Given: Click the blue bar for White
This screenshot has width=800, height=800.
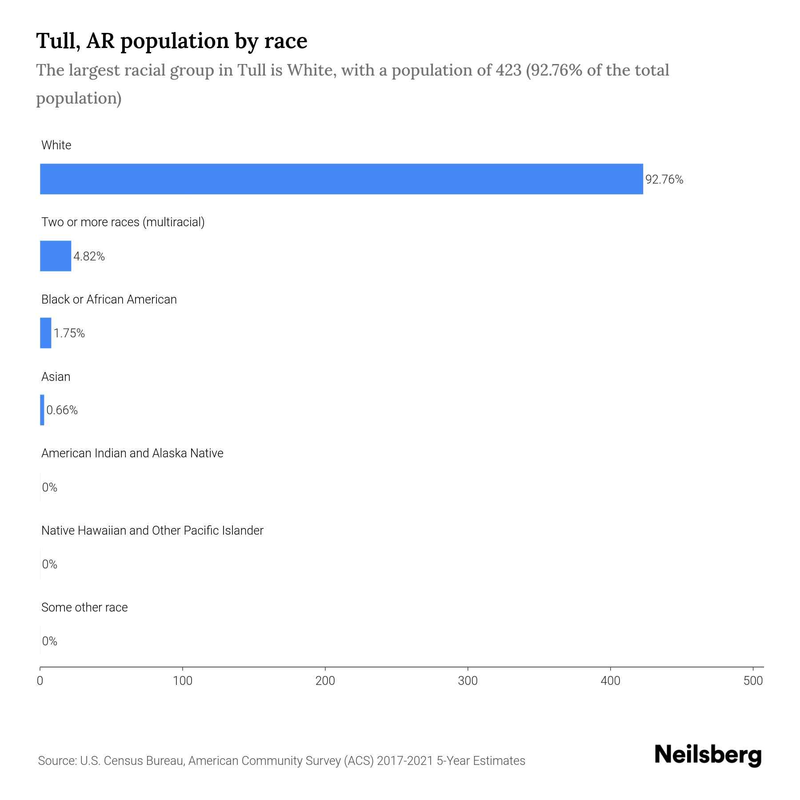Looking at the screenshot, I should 341,179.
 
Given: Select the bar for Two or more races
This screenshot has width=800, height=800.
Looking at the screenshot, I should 56,256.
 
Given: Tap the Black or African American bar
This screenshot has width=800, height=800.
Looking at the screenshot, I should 46,333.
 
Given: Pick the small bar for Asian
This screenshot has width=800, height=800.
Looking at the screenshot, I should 42,410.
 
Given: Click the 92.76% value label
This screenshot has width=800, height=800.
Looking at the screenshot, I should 664,180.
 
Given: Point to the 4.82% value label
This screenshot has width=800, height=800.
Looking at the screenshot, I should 89,256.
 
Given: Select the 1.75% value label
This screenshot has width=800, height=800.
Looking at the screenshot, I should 69,333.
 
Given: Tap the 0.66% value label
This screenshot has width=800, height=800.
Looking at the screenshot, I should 62,410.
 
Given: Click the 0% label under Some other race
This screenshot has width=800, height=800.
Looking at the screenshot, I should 50,641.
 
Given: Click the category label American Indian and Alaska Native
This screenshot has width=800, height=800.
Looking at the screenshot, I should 132,453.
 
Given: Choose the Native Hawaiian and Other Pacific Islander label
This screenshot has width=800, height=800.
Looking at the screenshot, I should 152,531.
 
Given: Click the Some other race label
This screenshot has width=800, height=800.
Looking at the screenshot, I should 84,608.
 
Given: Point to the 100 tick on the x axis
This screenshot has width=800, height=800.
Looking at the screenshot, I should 183,681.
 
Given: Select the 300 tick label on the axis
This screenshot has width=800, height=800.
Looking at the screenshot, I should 468,681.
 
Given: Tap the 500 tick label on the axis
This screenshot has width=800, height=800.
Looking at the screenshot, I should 753,681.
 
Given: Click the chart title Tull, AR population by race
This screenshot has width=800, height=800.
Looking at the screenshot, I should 172,40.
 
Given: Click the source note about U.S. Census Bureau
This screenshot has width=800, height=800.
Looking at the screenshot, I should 282,761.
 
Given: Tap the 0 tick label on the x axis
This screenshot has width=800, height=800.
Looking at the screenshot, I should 40,681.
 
